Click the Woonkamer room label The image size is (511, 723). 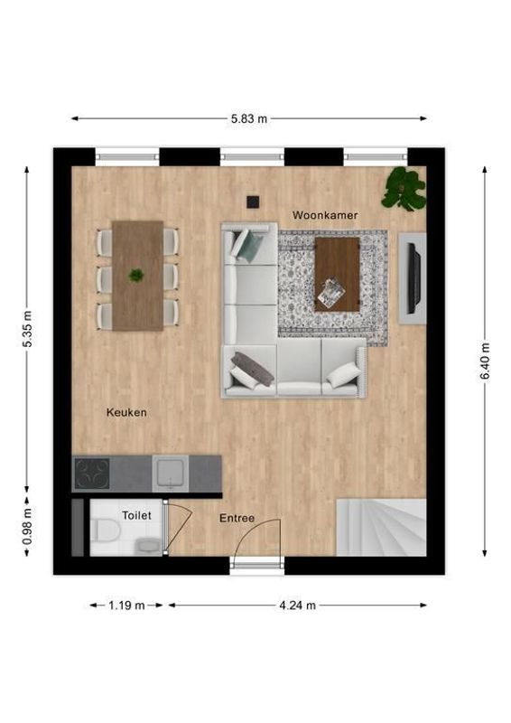pyautogui.click(x=324, y=215)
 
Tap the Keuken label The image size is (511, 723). pyautogui.click(x=126, y=412)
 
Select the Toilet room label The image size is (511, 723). pyautogui.click(x=136, y=515)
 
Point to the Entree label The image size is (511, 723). pyautogui.click(x=237, y=519)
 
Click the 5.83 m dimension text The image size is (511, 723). pyautogui.click(x=249, y=118)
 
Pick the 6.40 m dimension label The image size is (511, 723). pyautogui.click(x=486, y=361)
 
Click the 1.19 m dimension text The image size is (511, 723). pyautogui.click(x=128, y=606)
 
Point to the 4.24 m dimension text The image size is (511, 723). pyautogui.click(x=298, y=606)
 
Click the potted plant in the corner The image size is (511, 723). pyautogui.click(x=404, y=188)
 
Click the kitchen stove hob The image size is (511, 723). pyautogui.click(x=91, y=473)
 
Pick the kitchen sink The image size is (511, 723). pyautogui.click(x=169, y=472)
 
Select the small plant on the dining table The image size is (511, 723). pyautogui.click(x=136, y=275)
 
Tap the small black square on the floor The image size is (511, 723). pyautogui.click(x=255, y=202)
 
